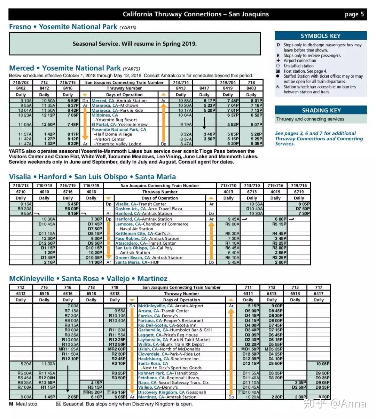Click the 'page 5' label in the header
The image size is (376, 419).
[x=354, y=14]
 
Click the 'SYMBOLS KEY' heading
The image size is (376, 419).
[x=320, y=36]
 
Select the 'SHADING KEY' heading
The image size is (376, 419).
[x=320, y=110]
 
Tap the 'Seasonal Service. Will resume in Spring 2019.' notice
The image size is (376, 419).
[x=134, y=44]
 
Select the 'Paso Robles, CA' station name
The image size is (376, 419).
[x=127, y=238]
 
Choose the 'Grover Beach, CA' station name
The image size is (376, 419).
[x=129, y=258]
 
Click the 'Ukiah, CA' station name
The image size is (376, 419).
[x=144, y=349]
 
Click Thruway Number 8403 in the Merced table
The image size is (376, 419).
[x=251, y=88]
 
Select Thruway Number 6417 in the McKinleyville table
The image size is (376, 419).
[x=319, y=293]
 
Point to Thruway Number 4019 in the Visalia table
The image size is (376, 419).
[x=275, y=192]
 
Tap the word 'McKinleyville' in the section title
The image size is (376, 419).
[x=31, y=279]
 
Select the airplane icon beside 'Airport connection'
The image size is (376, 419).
[x=278, y=61]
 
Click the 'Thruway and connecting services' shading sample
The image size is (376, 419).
[x=310, y=119]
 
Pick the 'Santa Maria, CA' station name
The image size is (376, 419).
[x=128, y=262]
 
